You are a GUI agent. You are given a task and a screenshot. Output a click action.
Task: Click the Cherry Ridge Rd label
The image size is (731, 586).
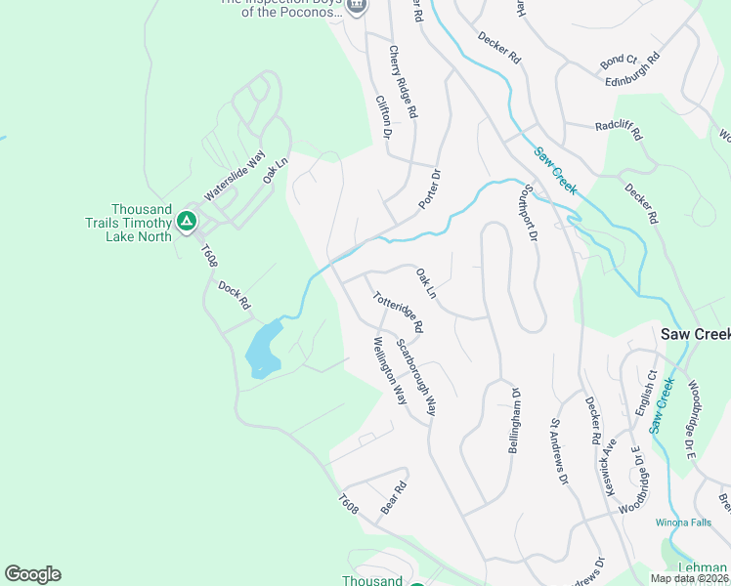click(403, 83)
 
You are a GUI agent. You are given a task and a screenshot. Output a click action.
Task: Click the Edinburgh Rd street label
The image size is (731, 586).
click(640, 70)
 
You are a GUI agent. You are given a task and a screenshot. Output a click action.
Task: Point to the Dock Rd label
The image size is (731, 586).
click(235, 295)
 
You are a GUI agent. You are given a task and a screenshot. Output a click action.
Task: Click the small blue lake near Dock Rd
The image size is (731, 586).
click(262, 351)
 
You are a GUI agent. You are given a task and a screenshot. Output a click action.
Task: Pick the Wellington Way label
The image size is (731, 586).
click(389, 371)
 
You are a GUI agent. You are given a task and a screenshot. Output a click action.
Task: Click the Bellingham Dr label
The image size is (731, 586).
click(514, 421)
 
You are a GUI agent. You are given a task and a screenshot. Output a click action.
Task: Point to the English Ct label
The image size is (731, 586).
click(646, 392)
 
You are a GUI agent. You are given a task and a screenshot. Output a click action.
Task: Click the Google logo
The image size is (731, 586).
click(32, 574)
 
